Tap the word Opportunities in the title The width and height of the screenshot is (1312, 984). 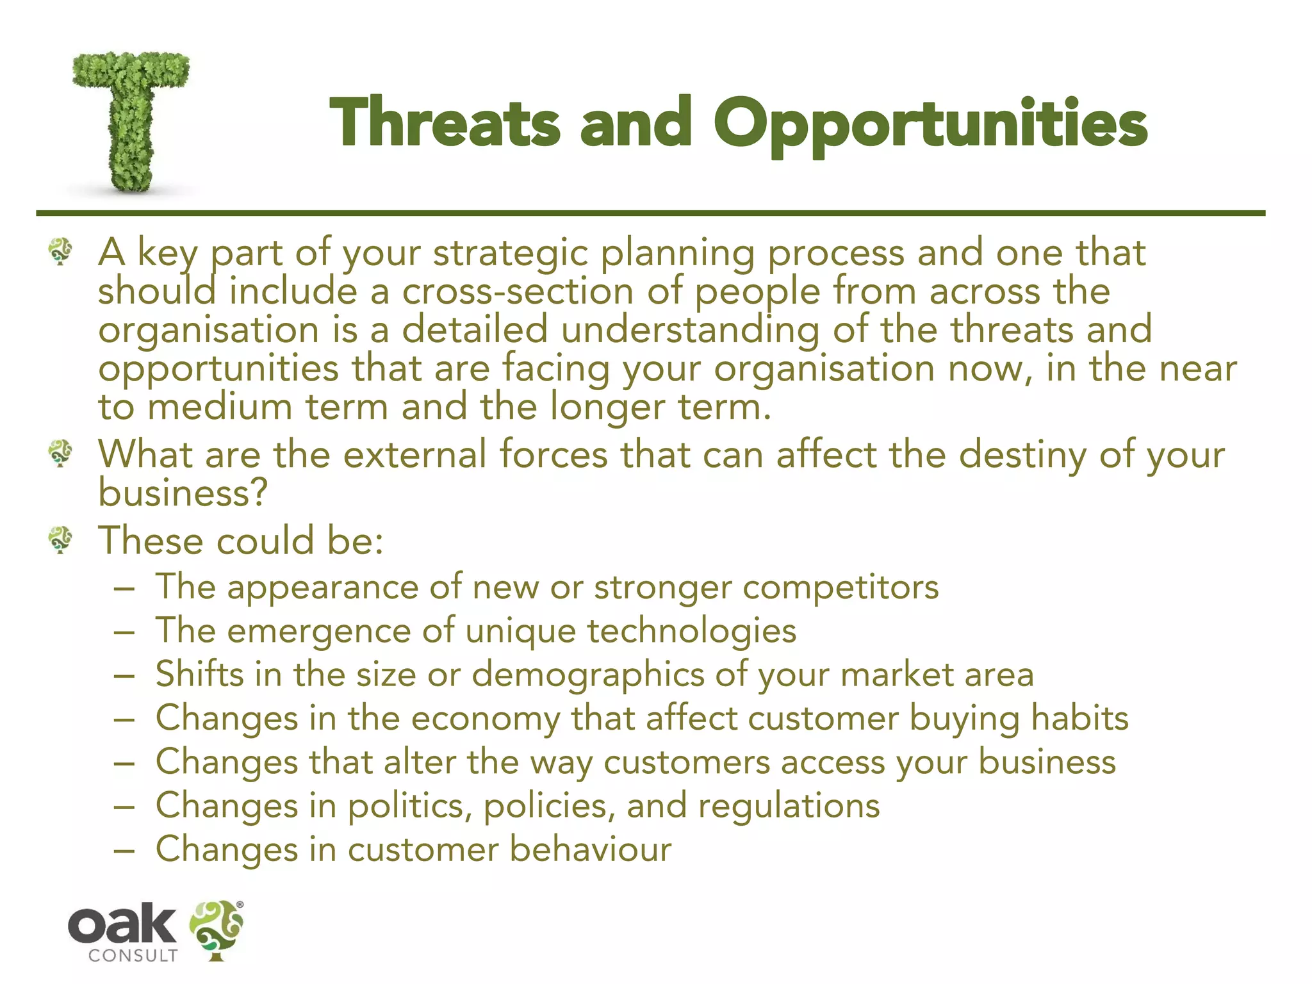(x=930, y=125)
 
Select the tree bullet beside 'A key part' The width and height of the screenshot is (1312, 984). (x=61, y=252)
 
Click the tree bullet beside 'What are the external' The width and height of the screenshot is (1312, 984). (x=61, y=454)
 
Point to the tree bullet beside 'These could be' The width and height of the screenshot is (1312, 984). (x=61, y=540)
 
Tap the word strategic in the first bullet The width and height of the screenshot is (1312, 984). (x=510, y=254)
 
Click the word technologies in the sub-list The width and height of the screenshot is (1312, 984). (x=692, y=631)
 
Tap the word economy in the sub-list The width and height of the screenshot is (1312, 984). (x=486, y=719)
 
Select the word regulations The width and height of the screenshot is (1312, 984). (x=789, y=806)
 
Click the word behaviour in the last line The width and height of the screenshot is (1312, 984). (x=590, y=849)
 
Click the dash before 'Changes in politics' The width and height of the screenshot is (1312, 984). (x=124, y=807)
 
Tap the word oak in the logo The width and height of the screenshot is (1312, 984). (x=122, y=924)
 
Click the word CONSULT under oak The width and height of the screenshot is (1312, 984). (x=133, y=956)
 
